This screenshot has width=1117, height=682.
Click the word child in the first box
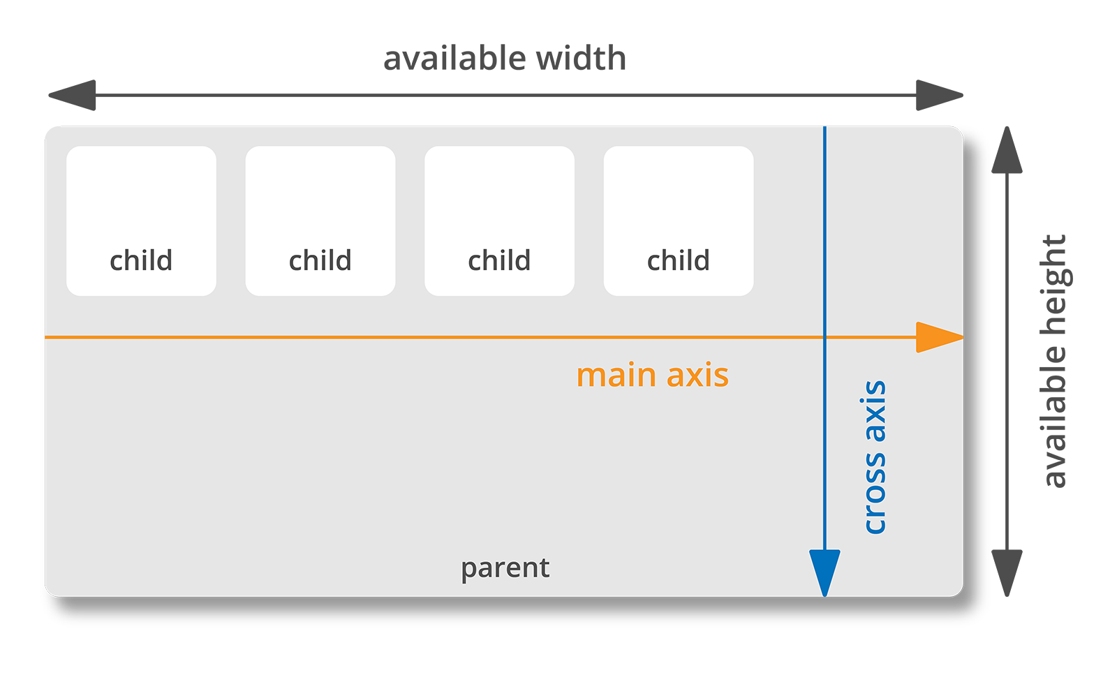coord(141,260)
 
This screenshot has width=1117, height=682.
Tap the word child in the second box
coord(320,260)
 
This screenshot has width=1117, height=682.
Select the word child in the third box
coord(499,260)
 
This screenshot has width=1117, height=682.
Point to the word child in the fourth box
coord(679,260)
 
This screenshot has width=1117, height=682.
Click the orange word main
coord(616,376)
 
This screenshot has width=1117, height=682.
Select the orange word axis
coord(697,376)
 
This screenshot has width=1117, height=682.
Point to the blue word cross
coord(875,493)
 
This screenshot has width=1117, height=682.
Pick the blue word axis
coord(875,411)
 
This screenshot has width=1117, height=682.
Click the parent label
coord(505,568)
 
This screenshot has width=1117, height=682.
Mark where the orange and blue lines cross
coord(824,337)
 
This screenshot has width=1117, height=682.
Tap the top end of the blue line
coord(824,128)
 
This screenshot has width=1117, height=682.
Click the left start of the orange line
coord(47,337)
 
